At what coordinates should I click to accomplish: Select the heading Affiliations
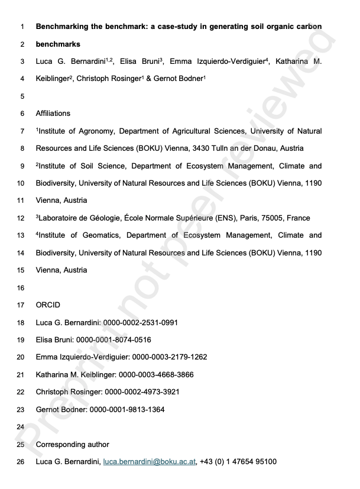(53, 114)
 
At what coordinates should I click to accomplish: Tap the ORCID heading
(48, 305)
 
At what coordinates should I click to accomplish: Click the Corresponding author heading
(72, 445)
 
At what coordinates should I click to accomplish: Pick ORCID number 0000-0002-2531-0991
(141, 322)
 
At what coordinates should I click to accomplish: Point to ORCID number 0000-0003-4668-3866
(156, 375)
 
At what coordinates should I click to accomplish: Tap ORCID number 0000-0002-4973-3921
(142, 392)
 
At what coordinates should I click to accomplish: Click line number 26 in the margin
(22, 462)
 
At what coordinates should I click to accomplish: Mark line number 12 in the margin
(22, 218)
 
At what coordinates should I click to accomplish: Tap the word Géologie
(111, 218)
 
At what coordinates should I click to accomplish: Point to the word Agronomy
(96, 131)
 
